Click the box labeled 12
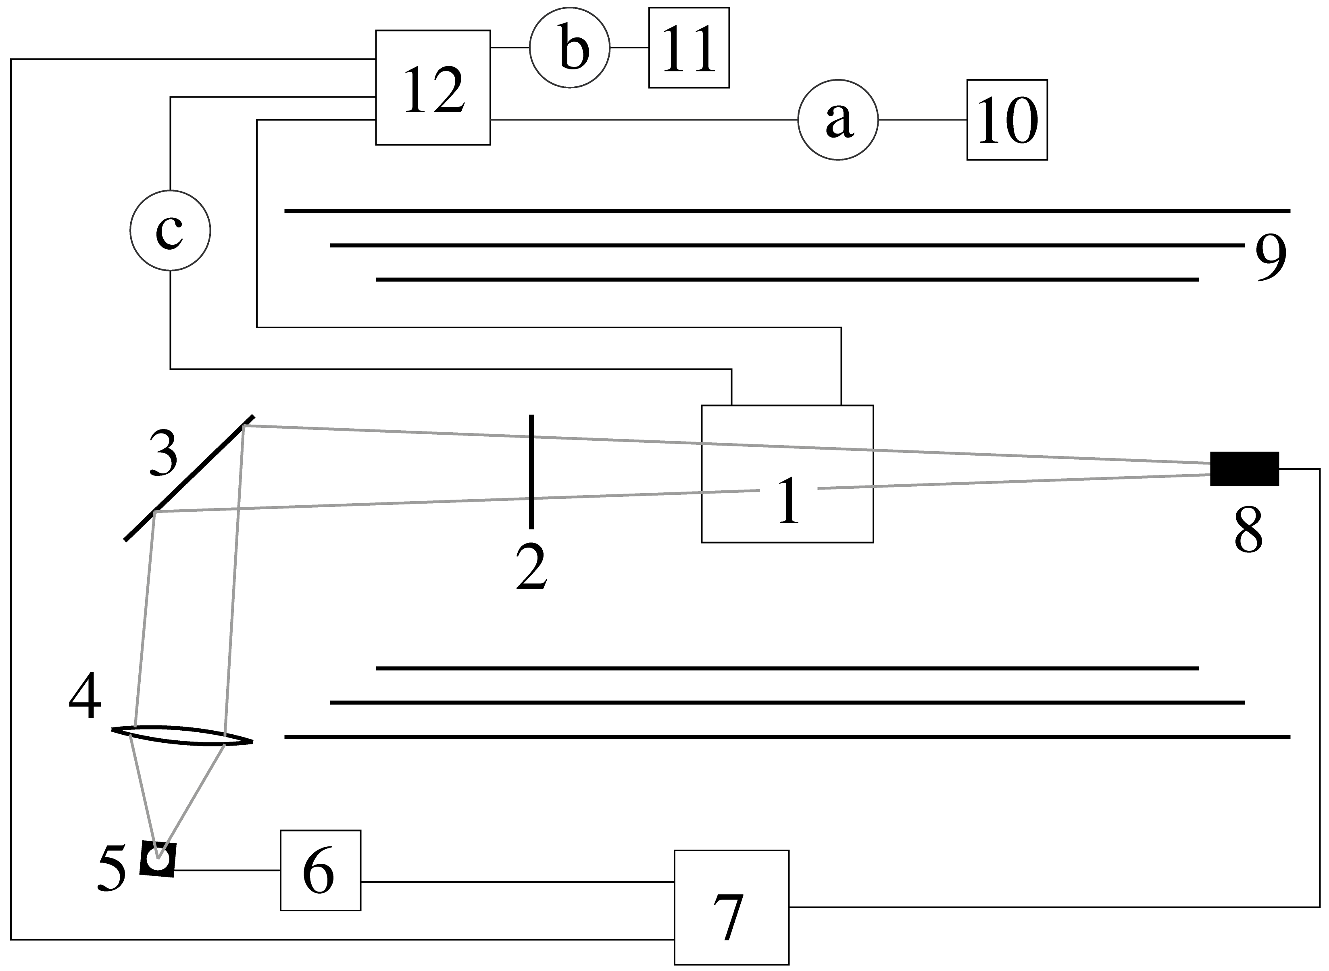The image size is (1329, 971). (433, 88)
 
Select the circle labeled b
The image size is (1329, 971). (570, 48)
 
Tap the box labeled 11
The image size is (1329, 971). (689, 48)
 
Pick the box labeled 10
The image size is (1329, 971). (1007, 120)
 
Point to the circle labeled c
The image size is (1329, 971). (170, 230)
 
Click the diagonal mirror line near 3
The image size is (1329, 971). (189, 478)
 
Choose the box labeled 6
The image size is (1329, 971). (320, 871)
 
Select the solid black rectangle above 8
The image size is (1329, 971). (1244, 469)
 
